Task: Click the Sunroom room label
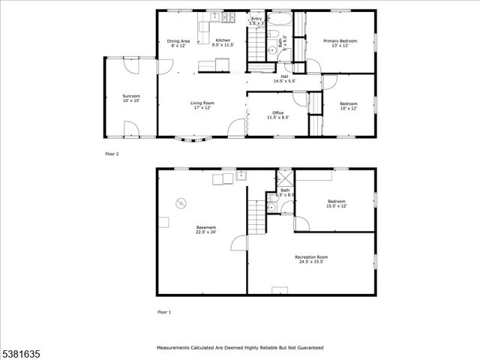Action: tap(131, 98)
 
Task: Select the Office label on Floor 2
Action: tap(277, 115)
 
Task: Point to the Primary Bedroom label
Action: tap(340, 43)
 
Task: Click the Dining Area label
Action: tap(178, 43)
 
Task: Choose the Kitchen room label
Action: tap(223, 43)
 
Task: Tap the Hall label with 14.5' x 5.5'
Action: tap(284, 79)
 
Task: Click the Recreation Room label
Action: tap(310, 259)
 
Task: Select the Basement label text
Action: tap(206, 229)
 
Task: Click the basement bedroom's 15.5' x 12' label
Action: tap(336, 203)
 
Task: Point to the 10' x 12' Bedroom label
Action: tap(349, 106)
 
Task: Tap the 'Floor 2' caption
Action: tap(112, 154)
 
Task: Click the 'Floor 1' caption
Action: tap(163, 312)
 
